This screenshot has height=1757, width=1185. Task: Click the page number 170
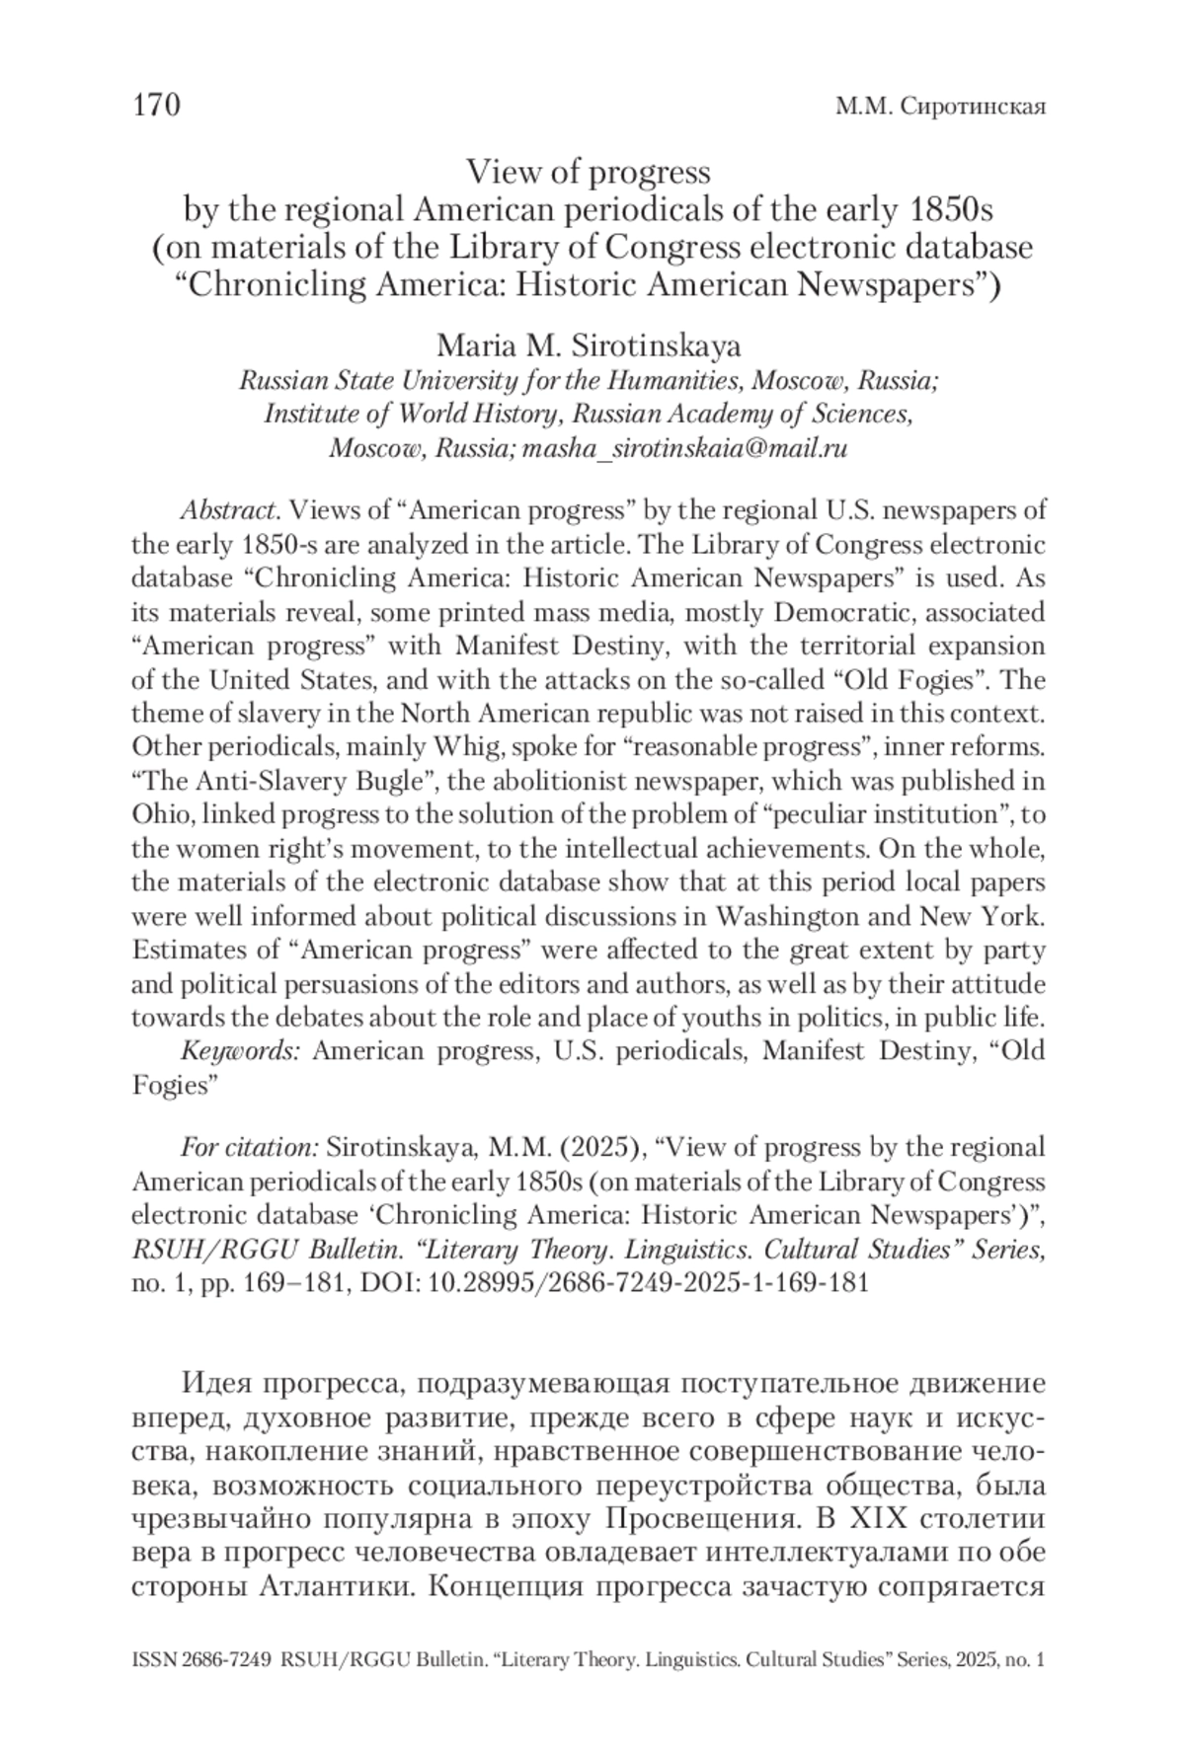(156, 105)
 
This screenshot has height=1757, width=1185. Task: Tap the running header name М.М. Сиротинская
(940, 107)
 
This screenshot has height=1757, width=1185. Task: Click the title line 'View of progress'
(589, 173)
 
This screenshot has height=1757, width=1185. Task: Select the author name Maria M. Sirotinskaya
(589, 346)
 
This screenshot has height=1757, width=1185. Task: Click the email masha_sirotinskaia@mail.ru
(685, 448)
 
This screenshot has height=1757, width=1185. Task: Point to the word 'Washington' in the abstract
(799, 916)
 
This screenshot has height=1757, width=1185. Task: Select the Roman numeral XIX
(868, 1515)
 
